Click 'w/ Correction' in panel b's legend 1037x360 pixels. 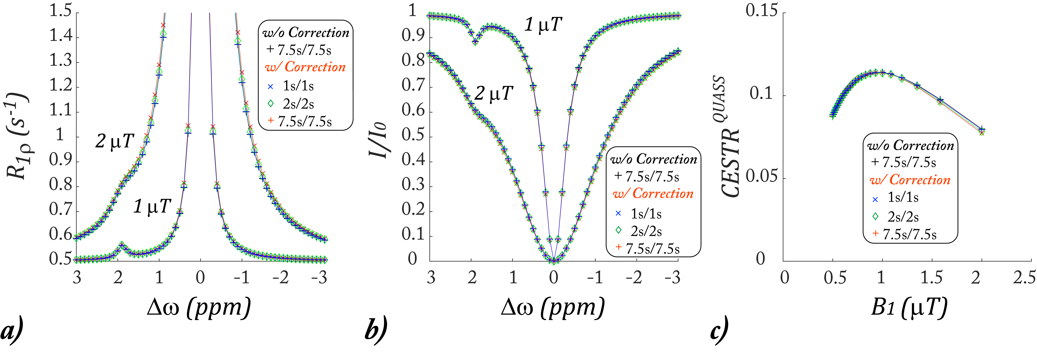coord(653,194)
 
